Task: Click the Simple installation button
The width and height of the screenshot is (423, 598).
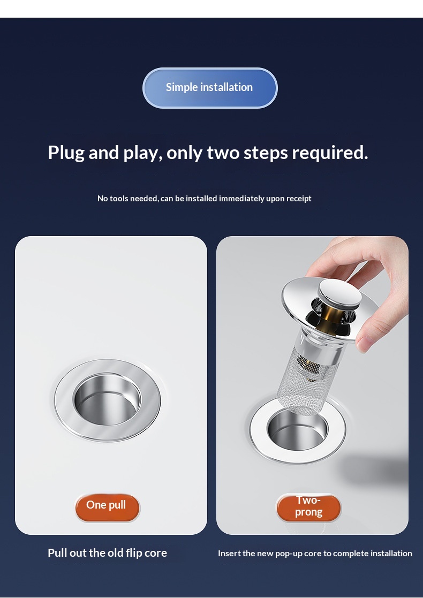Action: [x=210, y=88]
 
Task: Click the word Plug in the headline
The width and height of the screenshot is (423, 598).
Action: [x=66, y=153]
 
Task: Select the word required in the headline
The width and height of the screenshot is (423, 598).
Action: [x=330, y=153]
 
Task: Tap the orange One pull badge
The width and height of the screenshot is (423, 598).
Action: [x=107, y=507]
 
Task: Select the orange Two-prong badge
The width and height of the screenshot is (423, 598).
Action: [x=308, y=507]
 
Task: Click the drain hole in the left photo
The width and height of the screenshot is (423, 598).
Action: [x=107, y=399]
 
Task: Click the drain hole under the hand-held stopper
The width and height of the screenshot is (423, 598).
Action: [x=297, y=430]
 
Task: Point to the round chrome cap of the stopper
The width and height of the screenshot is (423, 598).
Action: [x=340, y=294]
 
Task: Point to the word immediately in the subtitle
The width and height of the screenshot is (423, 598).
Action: [x=241, y=198]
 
